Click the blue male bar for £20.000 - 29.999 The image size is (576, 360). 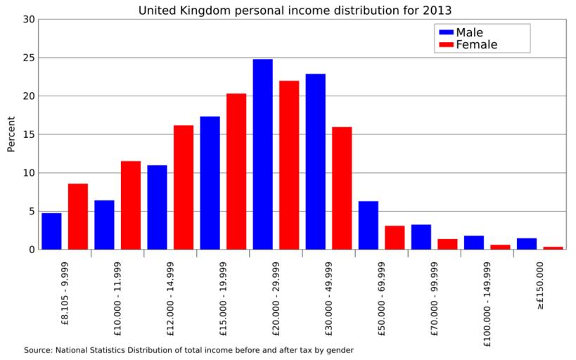pos(262,154)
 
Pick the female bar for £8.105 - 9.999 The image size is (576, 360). pos(78,216)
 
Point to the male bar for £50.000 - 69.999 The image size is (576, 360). pos(368,225)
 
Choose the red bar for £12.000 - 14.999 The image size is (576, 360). pos(184,187)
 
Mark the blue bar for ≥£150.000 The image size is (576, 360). pos(526,243)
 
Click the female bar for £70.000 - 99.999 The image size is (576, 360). pos(447,244)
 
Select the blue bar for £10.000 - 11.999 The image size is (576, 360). pos(104,224)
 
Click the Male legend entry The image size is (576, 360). pos(469,32)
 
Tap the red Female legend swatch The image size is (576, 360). pos(445,45)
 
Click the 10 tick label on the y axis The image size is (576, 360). pos(29,173)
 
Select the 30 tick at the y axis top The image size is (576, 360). pos(29,19)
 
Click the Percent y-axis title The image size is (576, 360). pos(11,134)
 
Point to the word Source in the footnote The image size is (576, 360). pos(37,349)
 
